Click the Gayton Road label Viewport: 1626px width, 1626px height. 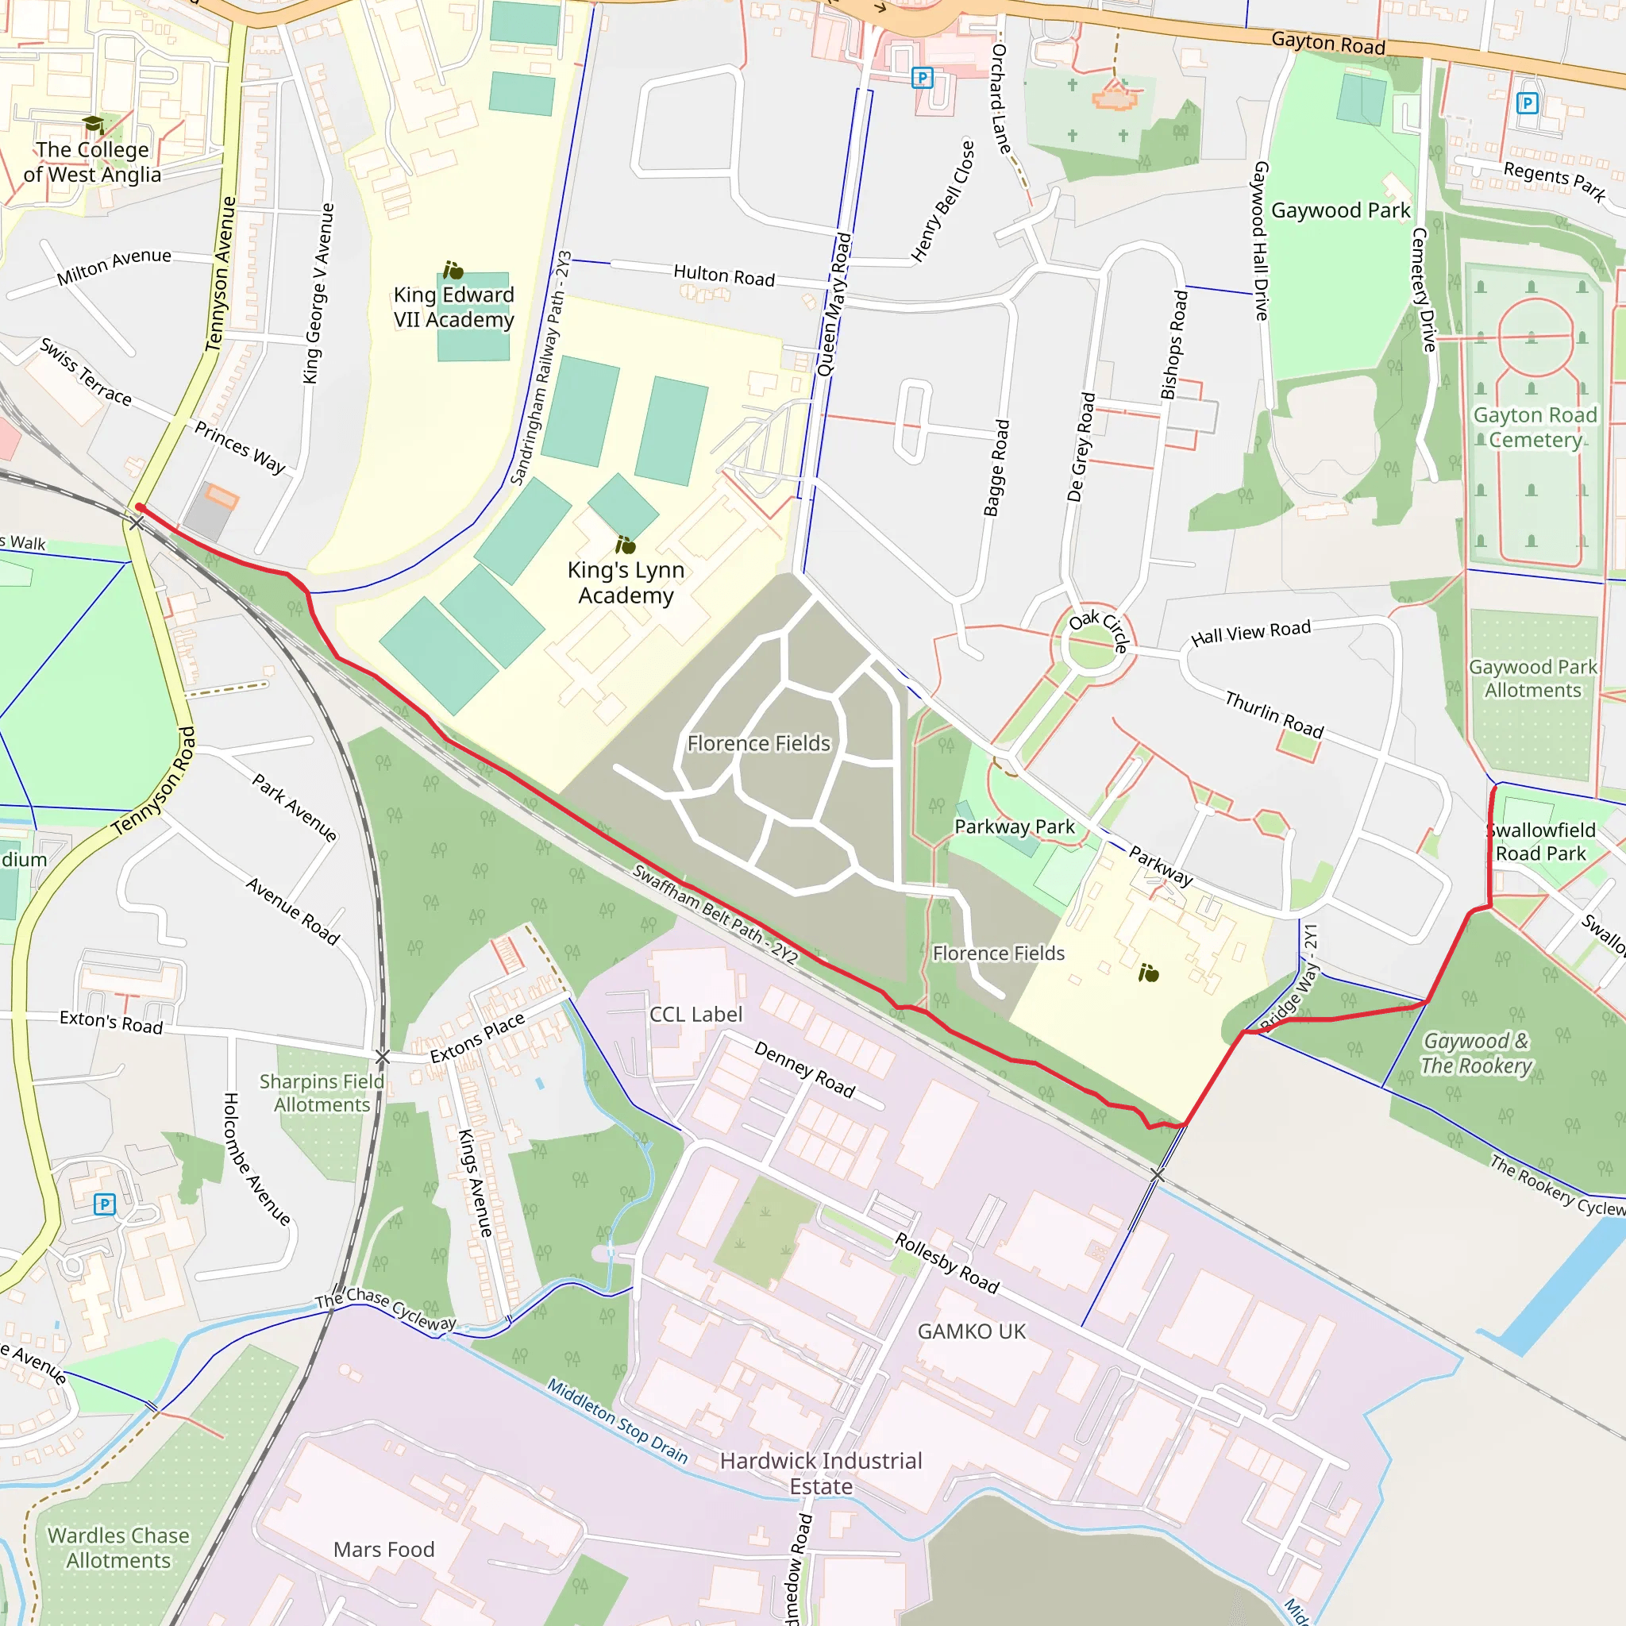[x=1327, y=42]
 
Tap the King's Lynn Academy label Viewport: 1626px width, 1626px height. [x=626, y=583]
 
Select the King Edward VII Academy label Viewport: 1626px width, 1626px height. [x=453, y=307]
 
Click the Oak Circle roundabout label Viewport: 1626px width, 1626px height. [x=1098, y=630]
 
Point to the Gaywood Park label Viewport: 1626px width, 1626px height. [x=1340, y=210]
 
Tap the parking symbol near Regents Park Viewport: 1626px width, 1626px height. [x=1527, y=103]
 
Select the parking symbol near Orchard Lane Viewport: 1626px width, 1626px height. [x=923, y=79]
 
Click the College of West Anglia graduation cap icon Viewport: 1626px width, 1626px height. [x=94, y=125]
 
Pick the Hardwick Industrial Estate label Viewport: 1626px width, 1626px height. [x=821, y=1473]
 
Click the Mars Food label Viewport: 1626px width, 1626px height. [x=383, y=1550]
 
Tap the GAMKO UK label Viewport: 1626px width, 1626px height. [x=971, y=1331]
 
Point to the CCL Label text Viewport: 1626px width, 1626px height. [x=696, y=1014]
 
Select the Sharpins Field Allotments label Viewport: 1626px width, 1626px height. [x=322, y=1092]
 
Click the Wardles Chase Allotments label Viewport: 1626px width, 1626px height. [x=118, y=1547]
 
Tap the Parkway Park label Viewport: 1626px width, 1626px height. [x=1014, y=826]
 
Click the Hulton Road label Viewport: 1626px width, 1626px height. [x=724, y=275]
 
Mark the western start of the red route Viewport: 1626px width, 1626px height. [x=139, y=507]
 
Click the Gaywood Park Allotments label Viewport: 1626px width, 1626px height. [x=1532, y=678]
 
